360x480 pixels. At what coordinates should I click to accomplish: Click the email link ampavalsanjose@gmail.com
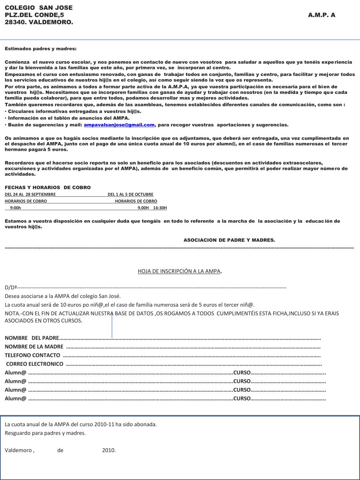(x=119, y=125)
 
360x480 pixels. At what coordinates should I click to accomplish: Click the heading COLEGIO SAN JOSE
(x=39, y=8)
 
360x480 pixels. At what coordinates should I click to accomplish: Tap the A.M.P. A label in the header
(x=321, y=15)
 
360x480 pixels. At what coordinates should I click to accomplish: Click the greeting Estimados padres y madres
(x=40, y=49)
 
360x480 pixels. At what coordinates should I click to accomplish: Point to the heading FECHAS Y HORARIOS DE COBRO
(x=47, y=187)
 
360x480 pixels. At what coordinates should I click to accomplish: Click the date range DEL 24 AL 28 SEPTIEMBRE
(x=30, y=194)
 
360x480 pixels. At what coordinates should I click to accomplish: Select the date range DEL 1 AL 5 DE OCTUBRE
(x=130, y=194)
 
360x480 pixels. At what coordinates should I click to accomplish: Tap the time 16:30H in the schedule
(x=160, y=208)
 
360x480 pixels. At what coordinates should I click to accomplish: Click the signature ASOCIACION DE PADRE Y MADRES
(x=229, y=240)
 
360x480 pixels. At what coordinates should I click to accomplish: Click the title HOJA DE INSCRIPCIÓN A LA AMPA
(x=179, y=271)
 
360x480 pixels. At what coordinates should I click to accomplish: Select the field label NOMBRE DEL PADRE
(x=32, y=338)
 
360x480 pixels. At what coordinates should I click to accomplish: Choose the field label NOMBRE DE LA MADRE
(x=34, y=347)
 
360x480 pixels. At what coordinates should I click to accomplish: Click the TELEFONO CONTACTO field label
(x=32, y=355)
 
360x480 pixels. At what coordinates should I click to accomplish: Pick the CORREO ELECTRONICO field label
(x=35, y=364)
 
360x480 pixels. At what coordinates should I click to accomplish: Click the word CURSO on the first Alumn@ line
(x=242, y=373)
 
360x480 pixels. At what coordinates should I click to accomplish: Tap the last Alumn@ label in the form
(x=15, y=398)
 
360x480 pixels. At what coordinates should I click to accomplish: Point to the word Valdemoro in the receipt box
(x=18, y=450)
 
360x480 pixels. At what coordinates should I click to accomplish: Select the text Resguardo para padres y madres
(x=45, y=433)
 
